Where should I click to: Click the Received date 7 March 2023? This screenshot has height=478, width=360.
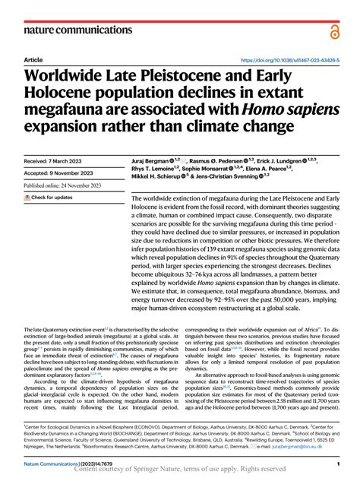coord(56,163)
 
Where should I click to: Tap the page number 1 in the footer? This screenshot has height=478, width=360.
coord(336,463)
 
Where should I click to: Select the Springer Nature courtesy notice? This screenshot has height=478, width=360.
coord(180,470)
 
